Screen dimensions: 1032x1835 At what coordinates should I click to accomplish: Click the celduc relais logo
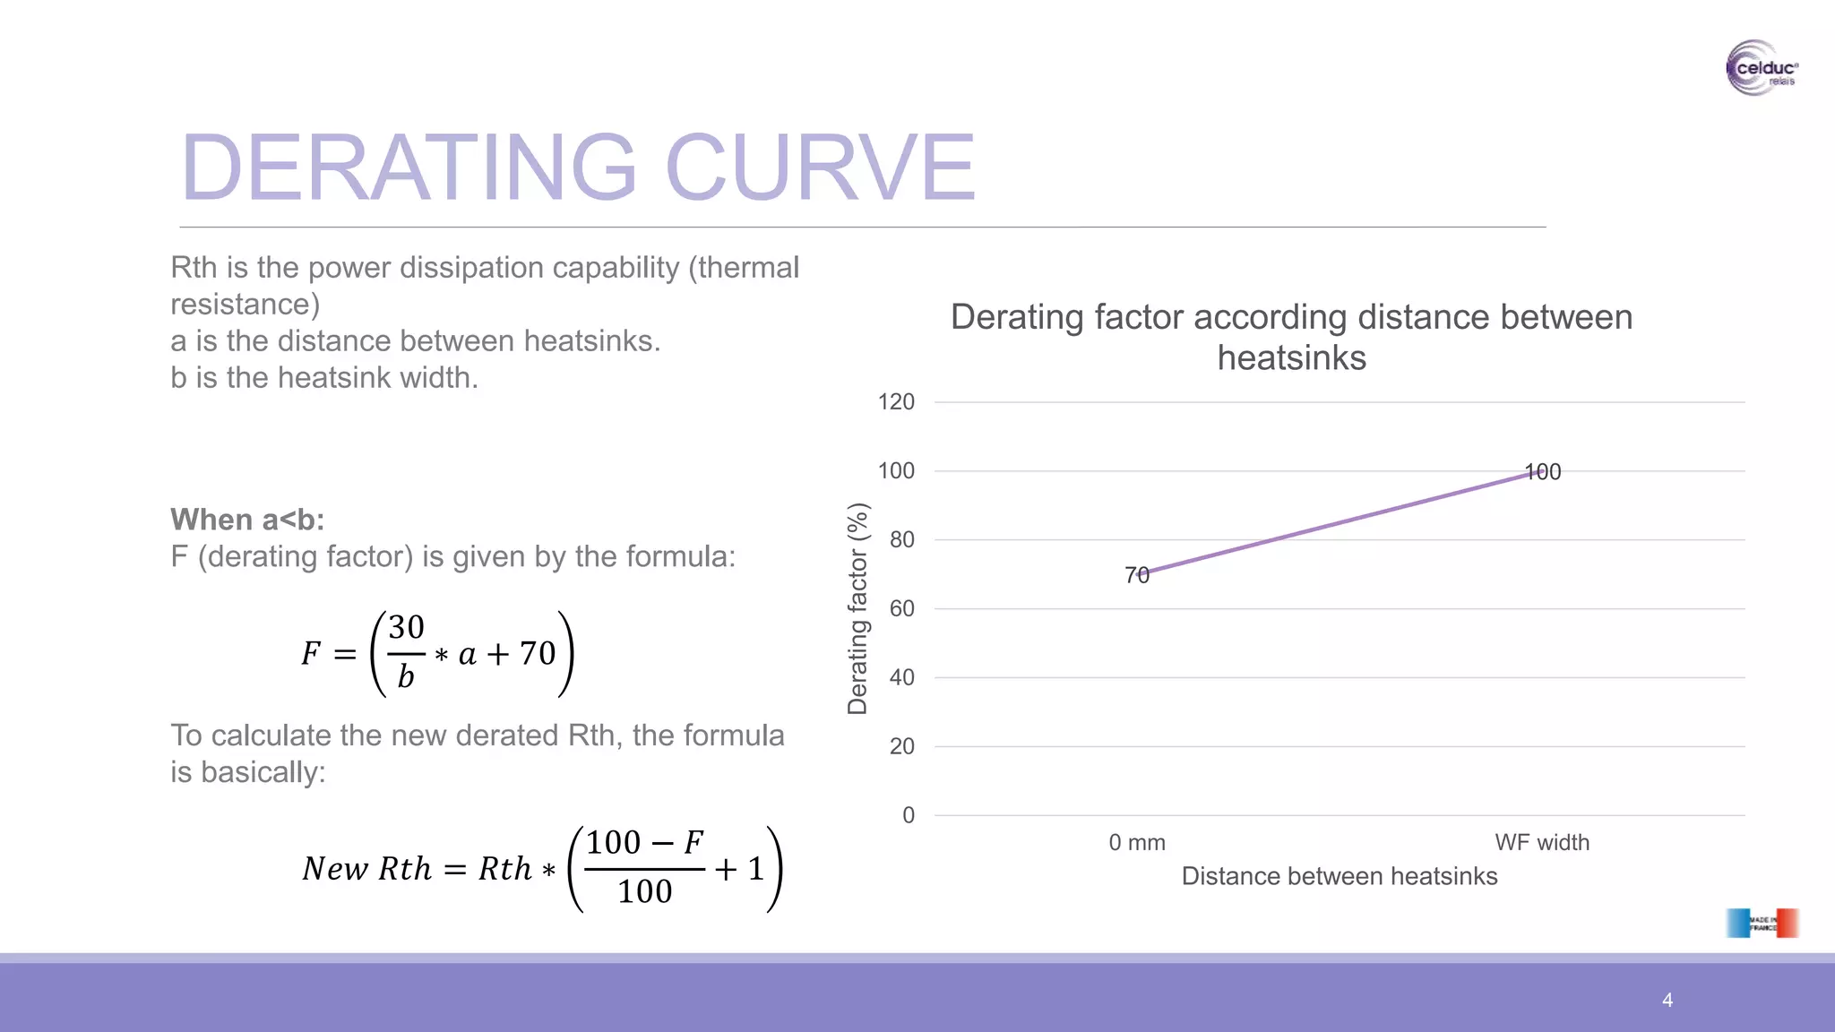(x=1761, y=68)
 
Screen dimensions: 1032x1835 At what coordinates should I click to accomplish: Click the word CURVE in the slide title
(x=819, y=168)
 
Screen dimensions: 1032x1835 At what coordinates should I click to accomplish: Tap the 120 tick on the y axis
(x=896, y=402)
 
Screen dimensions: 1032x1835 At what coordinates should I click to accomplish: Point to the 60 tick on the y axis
(x=901, y=609)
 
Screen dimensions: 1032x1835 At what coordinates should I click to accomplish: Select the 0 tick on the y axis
(x=908, y=815)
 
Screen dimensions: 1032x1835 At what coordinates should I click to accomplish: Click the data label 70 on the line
(x=1136, y=575)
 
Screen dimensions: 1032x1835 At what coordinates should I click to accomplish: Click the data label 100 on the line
(x=1542, y=472)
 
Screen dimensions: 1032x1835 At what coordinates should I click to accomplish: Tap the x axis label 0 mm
(x=1136, y=843)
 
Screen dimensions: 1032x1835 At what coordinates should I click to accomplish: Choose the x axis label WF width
(x=1541, y=843)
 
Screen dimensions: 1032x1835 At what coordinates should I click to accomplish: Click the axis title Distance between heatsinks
(x=1339, y=876)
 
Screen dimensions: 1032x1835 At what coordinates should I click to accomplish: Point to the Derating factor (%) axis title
(x=857, y=609)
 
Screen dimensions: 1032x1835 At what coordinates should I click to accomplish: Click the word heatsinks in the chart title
(x=1291, y=358)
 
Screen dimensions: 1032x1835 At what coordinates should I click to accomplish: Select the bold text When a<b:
(x=247, y=520)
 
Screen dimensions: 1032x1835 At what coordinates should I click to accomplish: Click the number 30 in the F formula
(x=406, y=627)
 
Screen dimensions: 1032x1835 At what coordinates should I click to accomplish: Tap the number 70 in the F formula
(x=538, y=654)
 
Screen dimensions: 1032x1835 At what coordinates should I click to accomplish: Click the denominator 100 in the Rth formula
(x=644, y=892)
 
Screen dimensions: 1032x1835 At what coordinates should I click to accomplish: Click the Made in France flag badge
(x=1762, y=923)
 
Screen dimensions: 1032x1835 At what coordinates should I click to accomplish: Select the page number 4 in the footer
(x=1667, y=1000)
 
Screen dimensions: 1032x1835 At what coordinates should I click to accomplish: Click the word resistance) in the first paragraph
(x=245, y=305)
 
